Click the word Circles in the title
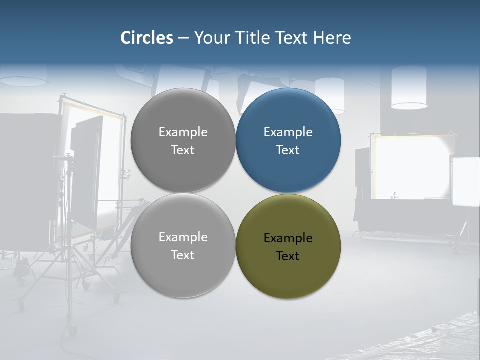[x=147, y=38]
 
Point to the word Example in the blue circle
[x=288, y=132]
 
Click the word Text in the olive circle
[x=288, y=256]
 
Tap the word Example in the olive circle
[x=288, y=238]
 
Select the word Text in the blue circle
[x=288, y=150]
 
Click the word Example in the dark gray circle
[x=183, y=132]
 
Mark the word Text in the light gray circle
[x=183, y=255]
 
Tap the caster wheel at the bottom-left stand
[x=73, y=330]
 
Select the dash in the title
[x=183, y=38]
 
